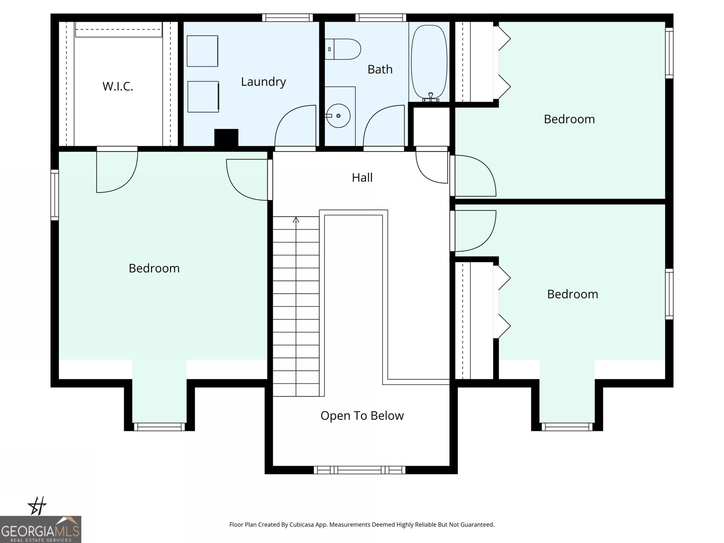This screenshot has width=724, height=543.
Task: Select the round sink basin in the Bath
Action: [x=338, y=116]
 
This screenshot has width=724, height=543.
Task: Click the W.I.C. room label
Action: [x=118, y=86]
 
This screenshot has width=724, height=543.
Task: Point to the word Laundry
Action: [x=263, y=82]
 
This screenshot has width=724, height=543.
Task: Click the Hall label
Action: [x=362, y=177]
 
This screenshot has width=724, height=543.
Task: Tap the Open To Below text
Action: [x=362, y=415]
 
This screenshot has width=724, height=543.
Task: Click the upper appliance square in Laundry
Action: [x=202, y=51]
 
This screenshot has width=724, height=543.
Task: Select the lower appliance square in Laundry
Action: [x=203, y=97]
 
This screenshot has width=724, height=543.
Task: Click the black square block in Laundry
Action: [x=226, y=138]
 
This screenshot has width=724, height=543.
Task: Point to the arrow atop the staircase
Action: [x=296, y=220]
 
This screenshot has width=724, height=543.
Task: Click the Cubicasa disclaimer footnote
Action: [x=362, y=524]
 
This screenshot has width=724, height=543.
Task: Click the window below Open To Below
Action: [x=360, y=470]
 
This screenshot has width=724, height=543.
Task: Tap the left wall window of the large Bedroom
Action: [x=55, y=195]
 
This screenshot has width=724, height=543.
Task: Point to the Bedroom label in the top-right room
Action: [x=569, y=119]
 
